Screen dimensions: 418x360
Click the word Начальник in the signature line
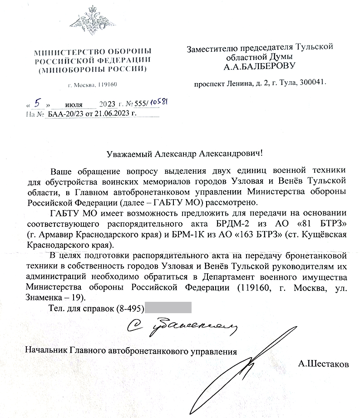pyautogui.click(x=47, y=351)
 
